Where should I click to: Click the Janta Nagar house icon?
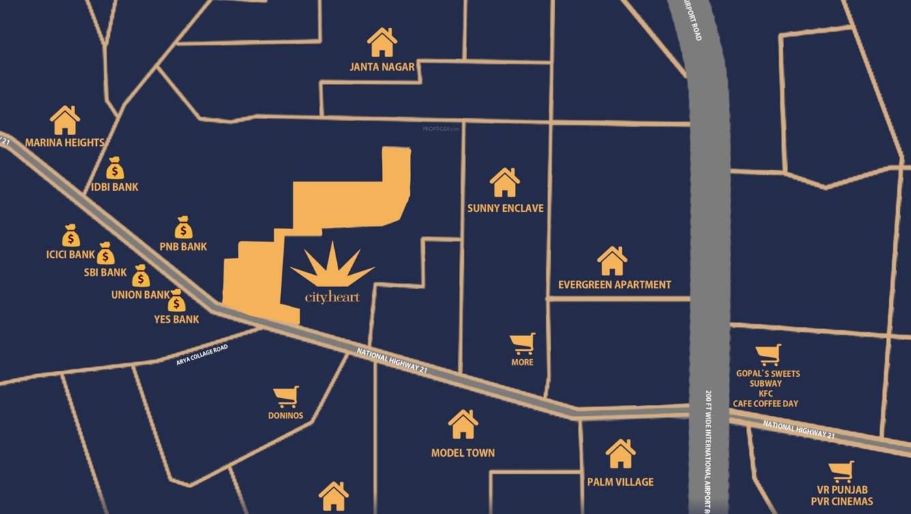coord(382,42)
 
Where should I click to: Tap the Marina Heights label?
coord(65,142)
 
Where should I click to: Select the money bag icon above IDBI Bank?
coord(115,168)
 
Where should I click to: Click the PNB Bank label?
coord(183,246)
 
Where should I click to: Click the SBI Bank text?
coord(105,272)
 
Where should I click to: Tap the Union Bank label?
coord(140,294)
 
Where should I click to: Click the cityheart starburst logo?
coord(333,264)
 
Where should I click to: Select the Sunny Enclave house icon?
coord(505,183)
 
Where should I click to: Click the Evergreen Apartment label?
coord(614,284)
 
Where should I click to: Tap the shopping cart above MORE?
coord(523,344)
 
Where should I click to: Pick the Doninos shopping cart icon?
coord(286,397)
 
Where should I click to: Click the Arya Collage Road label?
coord(202,355)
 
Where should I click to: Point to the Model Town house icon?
coord(463,424)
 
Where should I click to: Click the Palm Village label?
coord(620,481)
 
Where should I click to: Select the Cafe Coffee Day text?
coord(766,403)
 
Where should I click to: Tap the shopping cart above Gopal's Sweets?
coord(768,354)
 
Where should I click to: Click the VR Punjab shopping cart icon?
coord(841,472)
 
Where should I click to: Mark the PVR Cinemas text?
coord(841,502)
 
